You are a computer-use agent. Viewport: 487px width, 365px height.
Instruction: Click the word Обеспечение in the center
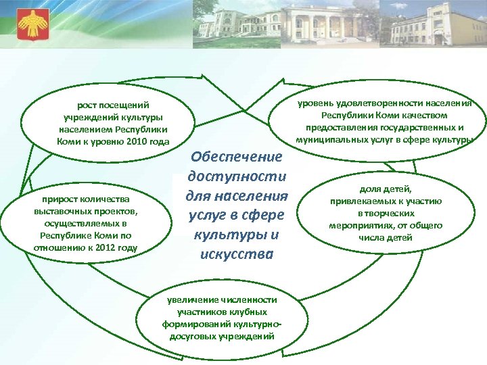(236, 157)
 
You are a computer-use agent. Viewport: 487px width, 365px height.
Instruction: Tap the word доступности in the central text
(236, 176)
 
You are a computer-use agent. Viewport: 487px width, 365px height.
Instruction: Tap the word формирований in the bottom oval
(191, 324)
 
